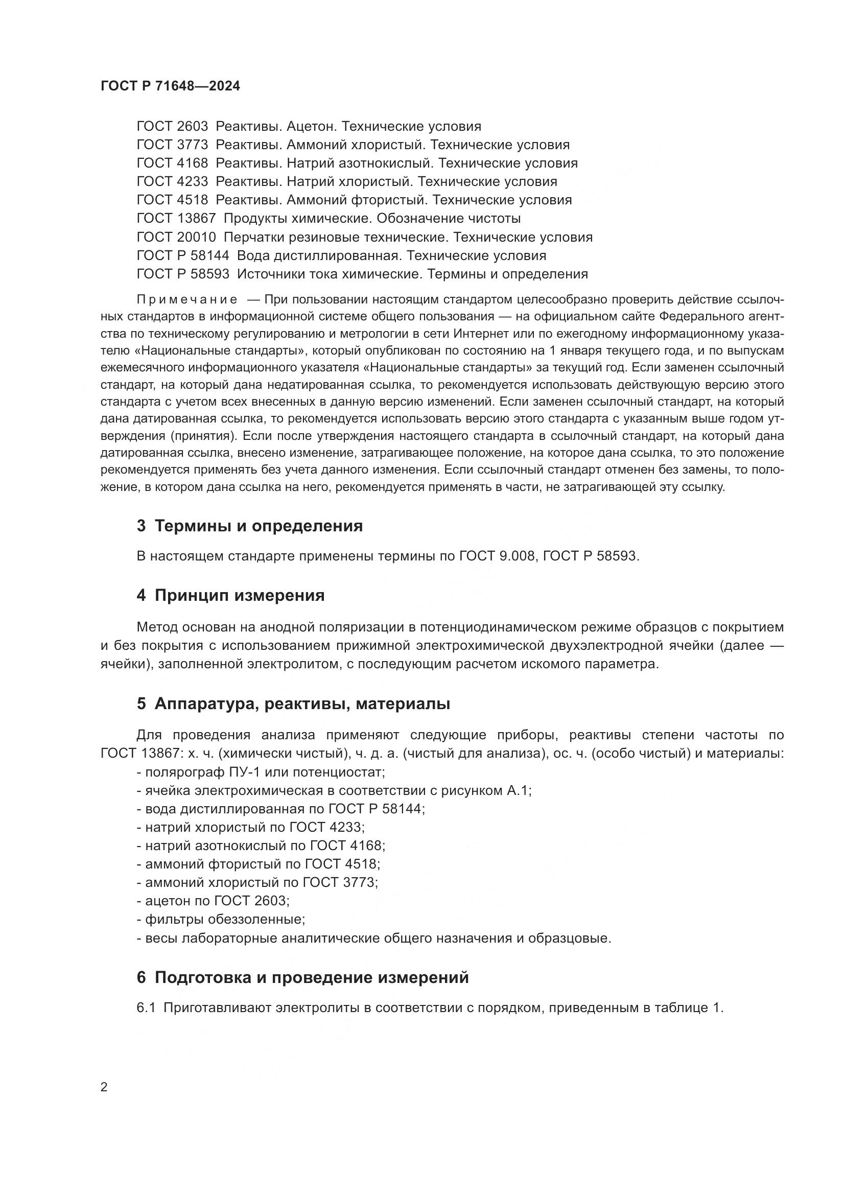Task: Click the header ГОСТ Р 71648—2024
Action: click(170, 86)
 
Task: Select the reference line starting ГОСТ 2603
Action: click(309, 127)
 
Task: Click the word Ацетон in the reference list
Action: click(311, 127)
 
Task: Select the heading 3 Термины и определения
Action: click(250, 526)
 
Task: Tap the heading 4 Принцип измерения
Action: click(230, 595)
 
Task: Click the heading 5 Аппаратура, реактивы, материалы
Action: click(293, 704)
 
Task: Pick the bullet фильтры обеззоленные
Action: click(221, 919)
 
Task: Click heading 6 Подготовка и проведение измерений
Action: click(303, 978)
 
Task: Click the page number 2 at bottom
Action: click(104, 1087)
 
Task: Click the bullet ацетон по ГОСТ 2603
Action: click(213, 901)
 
